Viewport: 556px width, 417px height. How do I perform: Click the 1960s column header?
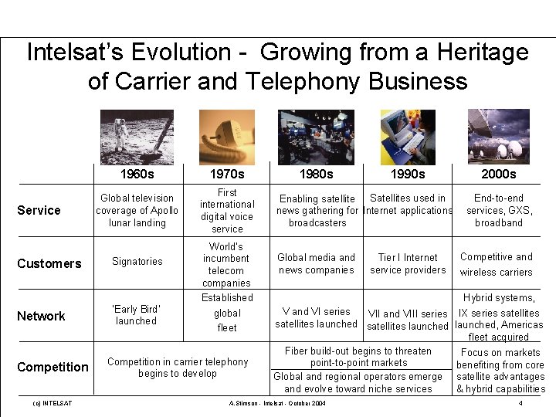[137, 174]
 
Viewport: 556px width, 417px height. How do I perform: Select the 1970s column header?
[227, 174]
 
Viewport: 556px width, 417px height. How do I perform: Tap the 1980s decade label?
[316, 174]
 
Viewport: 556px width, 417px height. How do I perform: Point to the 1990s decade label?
[407, 174]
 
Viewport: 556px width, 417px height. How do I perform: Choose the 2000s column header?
[498, 174]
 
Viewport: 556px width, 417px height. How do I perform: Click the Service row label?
[39, 210]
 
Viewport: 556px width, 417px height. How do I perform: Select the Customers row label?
[49, 263]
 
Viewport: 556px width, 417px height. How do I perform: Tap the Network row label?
[41, 316]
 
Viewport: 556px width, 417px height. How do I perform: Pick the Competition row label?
[53, 367]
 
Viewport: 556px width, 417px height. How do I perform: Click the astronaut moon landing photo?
[137, 137]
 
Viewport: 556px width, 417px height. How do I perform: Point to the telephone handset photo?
[226, 137]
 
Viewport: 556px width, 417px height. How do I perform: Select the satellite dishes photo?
[498, 137]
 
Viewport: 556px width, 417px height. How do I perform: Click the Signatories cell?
[137, 262]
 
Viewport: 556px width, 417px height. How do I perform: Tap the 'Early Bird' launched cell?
[137, 314]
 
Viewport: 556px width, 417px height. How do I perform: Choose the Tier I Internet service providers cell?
[408, 263]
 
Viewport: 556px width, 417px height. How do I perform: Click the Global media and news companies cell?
[316, 263]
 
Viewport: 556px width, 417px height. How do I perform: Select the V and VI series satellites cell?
[316, 317]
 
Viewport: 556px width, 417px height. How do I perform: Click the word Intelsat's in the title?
[80, 53]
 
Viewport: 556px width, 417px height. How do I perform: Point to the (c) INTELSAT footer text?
[53, 404]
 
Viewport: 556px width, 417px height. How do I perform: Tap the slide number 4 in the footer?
[520, 404]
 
